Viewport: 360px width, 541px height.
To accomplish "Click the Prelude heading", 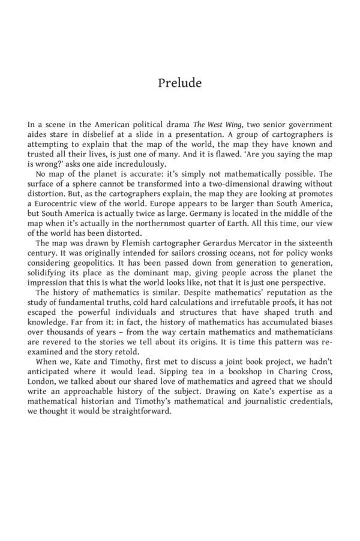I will [x=180, y=83].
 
